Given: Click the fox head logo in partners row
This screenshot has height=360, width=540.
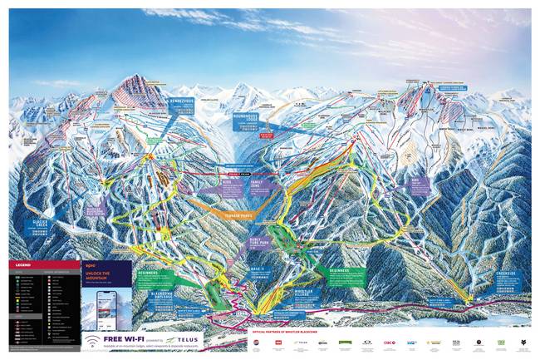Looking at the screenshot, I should point(522,343).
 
